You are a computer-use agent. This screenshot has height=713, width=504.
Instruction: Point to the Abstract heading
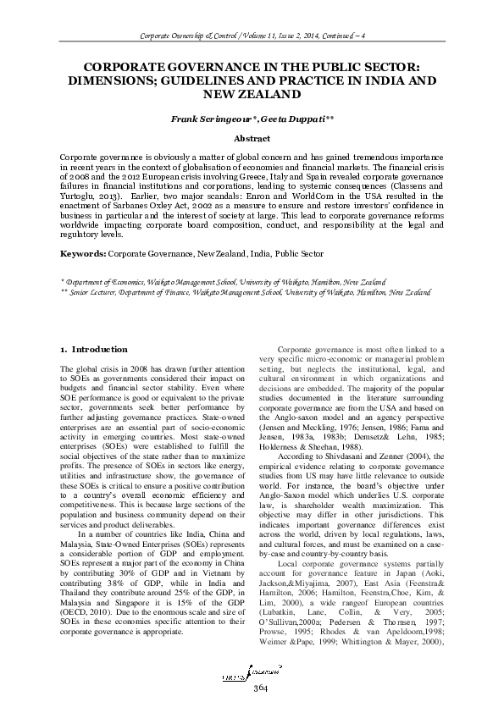click(x=252, y=139)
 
